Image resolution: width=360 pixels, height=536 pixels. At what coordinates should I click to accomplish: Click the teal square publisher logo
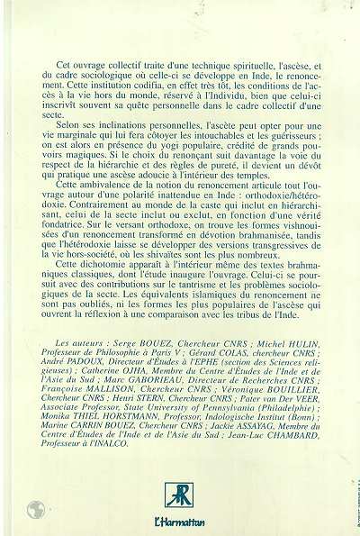click(177, 495)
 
